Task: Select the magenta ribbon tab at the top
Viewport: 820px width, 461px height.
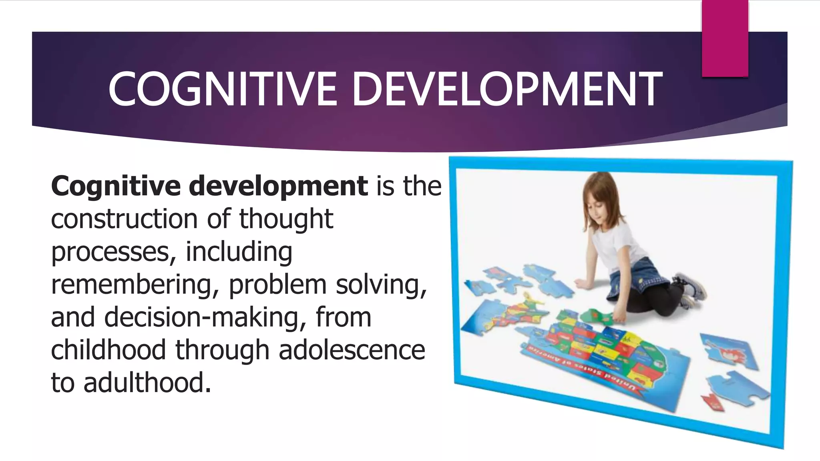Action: point(725,38)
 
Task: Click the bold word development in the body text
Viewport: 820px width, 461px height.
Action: point(278,186)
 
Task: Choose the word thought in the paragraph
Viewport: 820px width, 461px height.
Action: point(286,219)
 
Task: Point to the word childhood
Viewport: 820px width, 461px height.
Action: point(108,350)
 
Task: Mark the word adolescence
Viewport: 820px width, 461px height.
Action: point(352,350)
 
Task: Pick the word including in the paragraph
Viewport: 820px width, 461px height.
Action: point(239,252)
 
